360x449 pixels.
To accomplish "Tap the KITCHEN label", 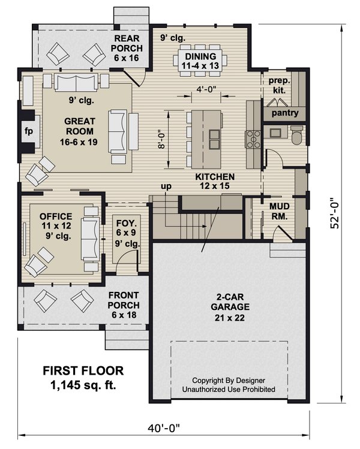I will (x=214, y=182).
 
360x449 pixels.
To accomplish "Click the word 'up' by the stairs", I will (x=165, y=186).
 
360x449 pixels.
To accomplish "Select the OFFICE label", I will (x=56, y=221).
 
